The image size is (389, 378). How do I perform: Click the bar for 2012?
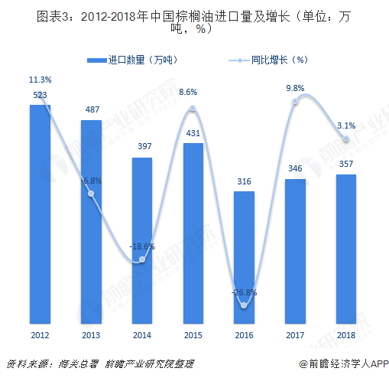40,214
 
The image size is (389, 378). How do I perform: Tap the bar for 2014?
142,240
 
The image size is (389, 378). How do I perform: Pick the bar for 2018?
346,248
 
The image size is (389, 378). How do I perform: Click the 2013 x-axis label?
91,334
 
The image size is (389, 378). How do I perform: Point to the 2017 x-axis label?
295,334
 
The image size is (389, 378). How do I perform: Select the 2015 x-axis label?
193,334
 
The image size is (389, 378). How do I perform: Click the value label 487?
91,109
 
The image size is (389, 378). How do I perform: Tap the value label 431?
193,132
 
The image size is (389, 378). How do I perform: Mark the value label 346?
295,168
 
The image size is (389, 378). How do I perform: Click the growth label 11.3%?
40,80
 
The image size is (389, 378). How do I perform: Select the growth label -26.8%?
245,292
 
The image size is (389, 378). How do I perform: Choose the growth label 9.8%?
295,88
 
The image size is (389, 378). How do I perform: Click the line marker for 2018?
346,138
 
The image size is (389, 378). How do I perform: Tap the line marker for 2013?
91,194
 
